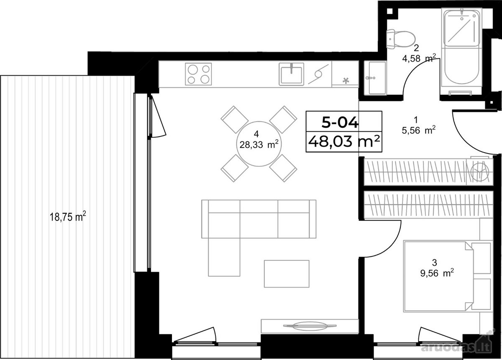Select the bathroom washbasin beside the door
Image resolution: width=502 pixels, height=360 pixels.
375,78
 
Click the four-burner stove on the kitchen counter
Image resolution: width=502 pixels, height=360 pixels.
198,74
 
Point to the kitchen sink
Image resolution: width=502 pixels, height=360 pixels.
291,74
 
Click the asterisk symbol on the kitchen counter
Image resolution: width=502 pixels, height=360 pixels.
346,80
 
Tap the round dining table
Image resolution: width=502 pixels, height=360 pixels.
259,144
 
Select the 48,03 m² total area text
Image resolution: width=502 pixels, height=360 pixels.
344,142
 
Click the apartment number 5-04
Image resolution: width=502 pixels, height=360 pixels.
340,123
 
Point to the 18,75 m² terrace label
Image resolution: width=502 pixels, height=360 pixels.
68,217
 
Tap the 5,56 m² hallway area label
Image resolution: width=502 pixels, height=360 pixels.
419,130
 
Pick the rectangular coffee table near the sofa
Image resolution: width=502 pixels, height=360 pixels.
287,274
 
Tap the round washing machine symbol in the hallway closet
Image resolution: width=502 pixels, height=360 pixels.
479,171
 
